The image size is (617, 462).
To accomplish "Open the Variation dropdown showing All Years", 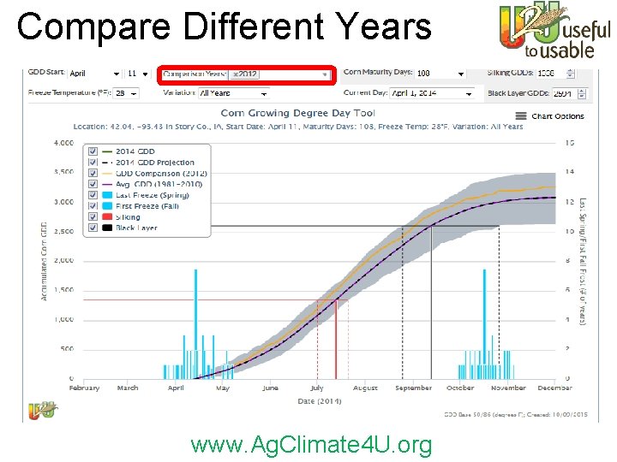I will pos(232,93).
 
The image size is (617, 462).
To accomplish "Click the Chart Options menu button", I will pos(549,116).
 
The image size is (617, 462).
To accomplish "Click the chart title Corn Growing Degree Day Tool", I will pos(297,113).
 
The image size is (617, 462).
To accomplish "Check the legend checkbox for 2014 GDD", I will pos(94,151).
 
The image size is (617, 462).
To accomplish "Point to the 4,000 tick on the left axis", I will pos(63,143).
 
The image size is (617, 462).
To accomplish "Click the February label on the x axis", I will pos(84,388).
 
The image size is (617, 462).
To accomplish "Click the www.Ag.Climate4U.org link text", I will pos(311,445).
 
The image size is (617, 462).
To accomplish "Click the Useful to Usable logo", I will pos(554,33).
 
